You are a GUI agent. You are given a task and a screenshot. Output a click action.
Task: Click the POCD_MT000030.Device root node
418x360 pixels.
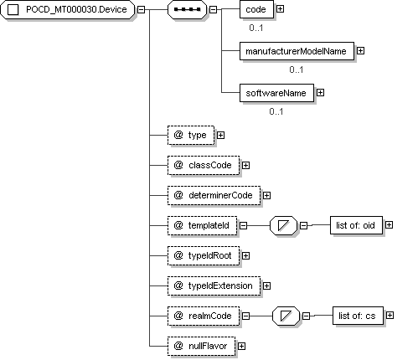coord(67,9)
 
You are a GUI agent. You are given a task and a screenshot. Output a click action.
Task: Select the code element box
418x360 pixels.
coord(256,9)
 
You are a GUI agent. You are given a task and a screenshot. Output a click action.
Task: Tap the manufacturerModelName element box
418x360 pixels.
coord(297,51)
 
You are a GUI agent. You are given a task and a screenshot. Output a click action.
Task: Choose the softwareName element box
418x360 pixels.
coord(276,93)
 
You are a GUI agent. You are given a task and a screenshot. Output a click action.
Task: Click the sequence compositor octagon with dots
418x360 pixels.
coord(187,9)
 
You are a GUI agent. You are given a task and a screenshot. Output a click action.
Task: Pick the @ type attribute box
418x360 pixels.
coord(191,136)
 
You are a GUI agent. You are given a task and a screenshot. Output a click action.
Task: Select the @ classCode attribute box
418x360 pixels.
coord(204,166)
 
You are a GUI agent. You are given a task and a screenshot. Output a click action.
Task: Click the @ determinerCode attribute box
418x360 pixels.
coord(214,196)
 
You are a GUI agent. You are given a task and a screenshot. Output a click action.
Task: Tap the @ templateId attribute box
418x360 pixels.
coord(202,225)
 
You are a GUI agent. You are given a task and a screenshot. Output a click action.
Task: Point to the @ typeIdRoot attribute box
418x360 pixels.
coord(204,255)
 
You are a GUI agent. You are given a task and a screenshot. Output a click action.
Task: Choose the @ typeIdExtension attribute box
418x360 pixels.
coord(214,285)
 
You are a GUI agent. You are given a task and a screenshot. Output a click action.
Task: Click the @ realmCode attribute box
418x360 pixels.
coord(204,316)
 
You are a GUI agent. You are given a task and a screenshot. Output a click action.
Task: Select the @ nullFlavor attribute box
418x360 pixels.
coord(201,346)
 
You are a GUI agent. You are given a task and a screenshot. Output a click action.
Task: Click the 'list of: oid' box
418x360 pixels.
coord(356,225)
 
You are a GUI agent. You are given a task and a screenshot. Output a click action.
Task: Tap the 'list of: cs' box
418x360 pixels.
coord(358,316)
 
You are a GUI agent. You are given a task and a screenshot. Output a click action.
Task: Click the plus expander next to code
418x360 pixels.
coord(280,9)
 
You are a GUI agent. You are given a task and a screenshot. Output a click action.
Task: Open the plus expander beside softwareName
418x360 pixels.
coord(320,93)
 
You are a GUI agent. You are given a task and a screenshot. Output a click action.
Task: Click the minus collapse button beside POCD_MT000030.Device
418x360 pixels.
coord(142,9)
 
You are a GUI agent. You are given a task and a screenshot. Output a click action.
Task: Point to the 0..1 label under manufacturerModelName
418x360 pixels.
coord(297,69)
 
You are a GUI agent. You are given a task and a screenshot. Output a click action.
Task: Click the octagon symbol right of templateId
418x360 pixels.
coord(283,225)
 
